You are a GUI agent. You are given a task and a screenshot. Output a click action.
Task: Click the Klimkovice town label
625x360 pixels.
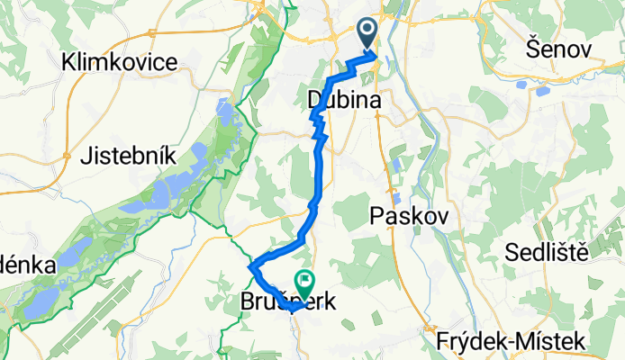(120, 62)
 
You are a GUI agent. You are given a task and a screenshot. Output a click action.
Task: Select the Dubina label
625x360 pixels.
(342, 100)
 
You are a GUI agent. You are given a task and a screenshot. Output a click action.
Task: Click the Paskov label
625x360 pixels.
(402, 215)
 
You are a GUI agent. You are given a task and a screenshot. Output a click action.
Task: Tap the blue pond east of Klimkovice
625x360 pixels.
(222, 112)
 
